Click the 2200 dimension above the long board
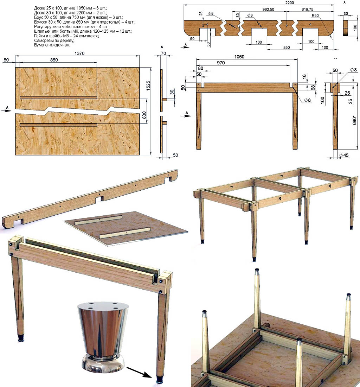[x=289, y=3]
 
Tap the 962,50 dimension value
[x=268, y=9]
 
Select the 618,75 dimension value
[x=307, y=9]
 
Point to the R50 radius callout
[x=315, y=15]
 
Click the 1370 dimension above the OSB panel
[x=79, y=53]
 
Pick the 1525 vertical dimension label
[x=148, y=85]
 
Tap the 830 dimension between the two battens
[x=144, y=115]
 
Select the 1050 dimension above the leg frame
[x=239, y=57]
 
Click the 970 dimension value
[x=221, y=63]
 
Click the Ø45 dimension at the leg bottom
[x=344, y=155]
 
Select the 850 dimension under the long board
[x=286, y=47]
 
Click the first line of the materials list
[x=70, y=8]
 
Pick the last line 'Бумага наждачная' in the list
[x=52, y=45]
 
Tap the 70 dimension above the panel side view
[x=163, y=53]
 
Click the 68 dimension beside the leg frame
[x=313, y=87]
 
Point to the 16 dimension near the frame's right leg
[x=304, y=76]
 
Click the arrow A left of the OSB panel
[x=7, y=110]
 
